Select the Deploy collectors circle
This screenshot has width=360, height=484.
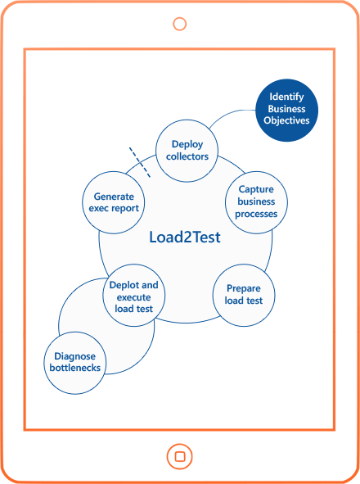tap(187, 150)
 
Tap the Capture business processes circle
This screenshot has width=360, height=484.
tap(257, 201)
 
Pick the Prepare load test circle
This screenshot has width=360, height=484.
tap(243, 294)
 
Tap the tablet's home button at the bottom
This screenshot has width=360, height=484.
tap(179, 456)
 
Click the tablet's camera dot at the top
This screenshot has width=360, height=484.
tap(180, 23)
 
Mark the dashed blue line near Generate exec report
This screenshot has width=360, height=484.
tap(139, 161)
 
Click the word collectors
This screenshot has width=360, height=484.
tap(187, 156)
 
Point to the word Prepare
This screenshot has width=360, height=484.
tap(243, 287)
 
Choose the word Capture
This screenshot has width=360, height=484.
tap(256, 189)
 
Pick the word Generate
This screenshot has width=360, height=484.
tap(115, 197)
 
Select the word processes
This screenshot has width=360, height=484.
tap(256, 215)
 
